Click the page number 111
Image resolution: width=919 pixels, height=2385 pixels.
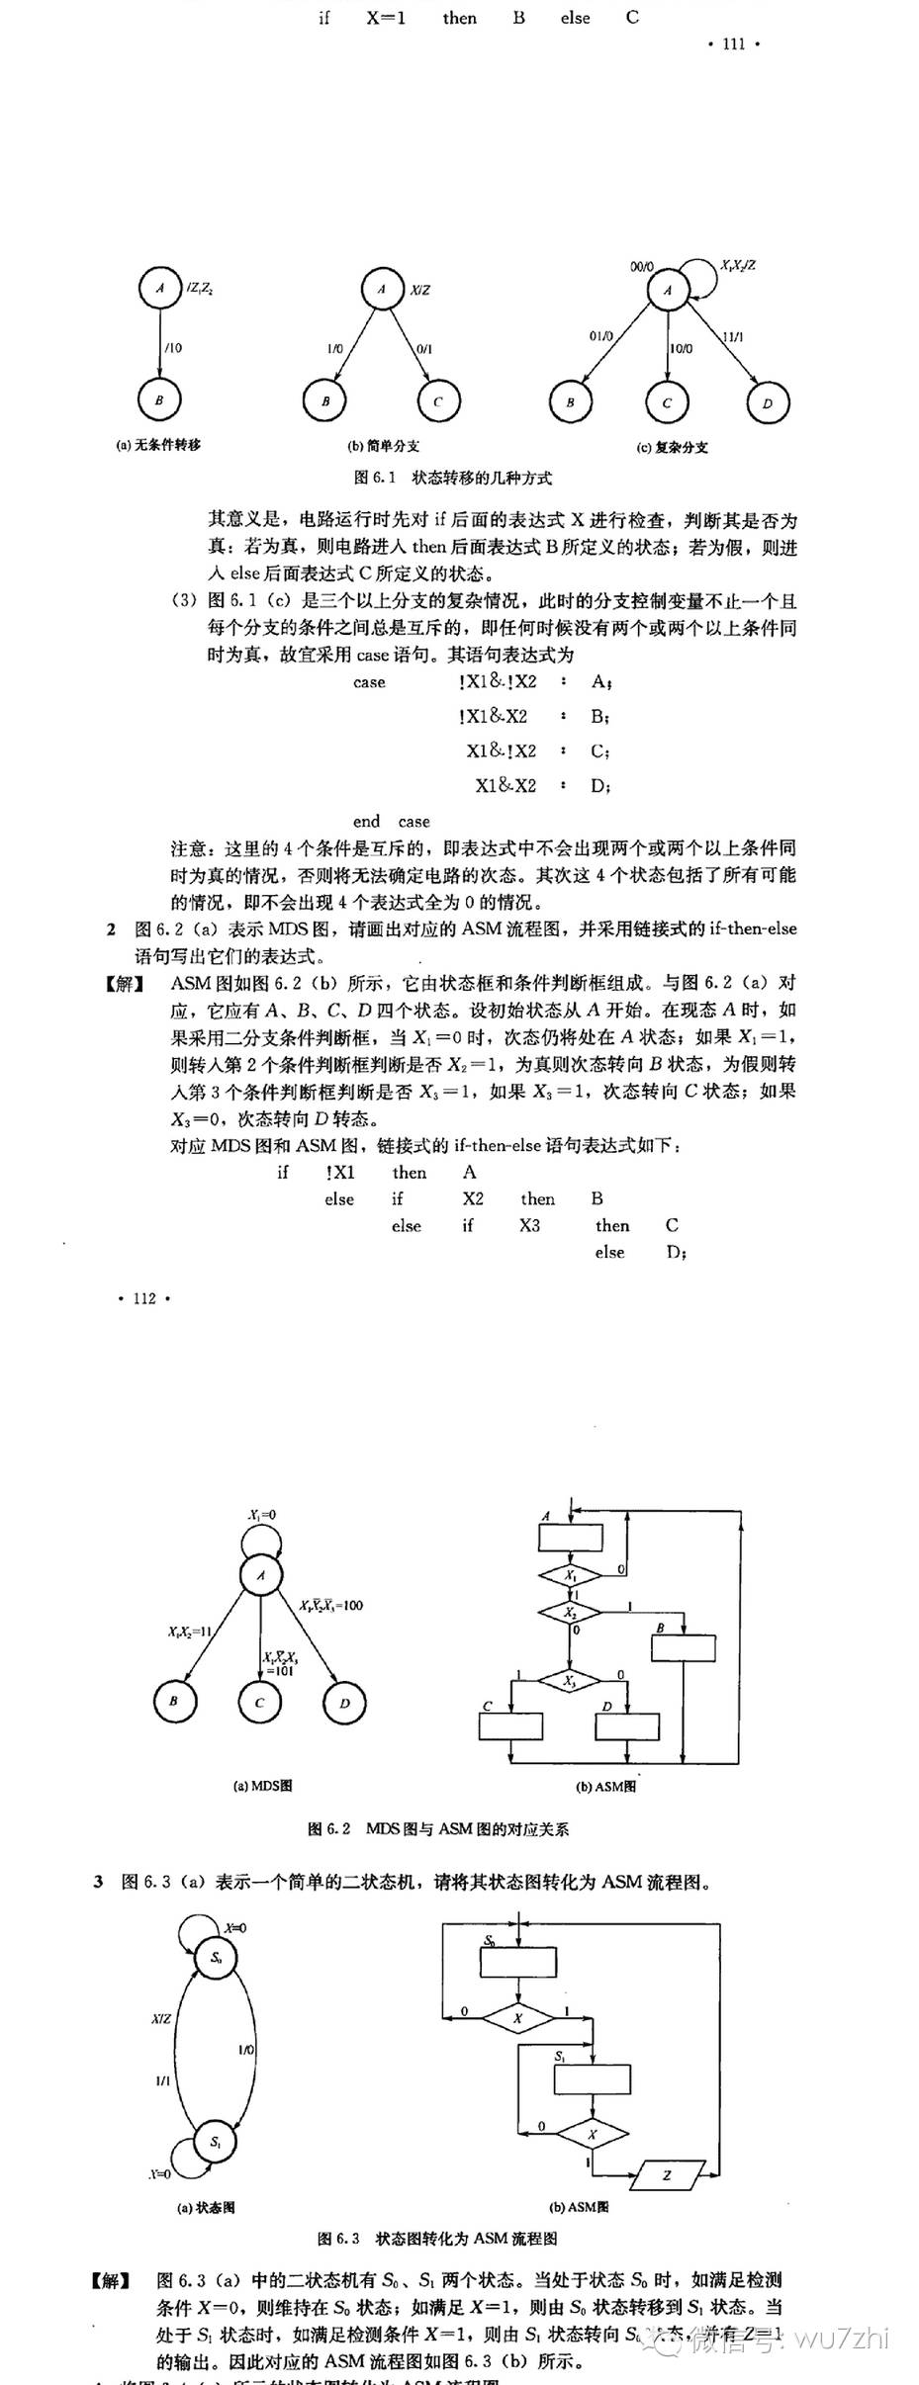(733, 44)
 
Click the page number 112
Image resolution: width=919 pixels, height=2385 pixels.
(144, 1298)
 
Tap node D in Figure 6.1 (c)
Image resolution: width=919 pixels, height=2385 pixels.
(767, 402)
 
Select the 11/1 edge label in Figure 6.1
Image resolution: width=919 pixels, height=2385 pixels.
(733, 336)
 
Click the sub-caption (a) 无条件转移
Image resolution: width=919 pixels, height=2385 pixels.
(158, 445)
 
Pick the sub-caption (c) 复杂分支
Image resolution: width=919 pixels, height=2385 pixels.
(672, 447)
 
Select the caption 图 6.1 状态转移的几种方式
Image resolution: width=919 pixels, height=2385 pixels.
(453, 478)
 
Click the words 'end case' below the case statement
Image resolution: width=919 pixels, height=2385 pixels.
(391, 821)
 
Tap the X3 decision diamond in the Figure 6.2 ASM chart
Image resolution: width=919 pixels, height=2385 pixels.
(570, 1681)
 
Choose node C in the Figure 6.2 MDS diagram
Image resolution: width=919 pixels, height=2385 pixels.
(260, 1702)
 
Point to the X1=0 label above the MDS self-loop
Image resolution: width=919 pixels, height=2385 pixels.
(262, 1514)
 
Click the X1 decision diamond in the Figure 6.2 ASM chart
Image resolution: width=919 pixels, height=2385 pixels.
(570, 1575)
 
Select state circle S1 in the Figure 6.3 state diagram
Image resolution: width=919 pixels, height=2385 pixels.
(216, 2143)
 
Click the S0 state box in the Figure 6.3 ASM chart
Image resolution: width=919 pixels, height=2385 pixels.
(519, 1962)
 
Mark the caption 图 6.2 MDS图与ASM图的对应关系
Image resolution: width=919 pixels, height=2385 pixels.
(438, 1828)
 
